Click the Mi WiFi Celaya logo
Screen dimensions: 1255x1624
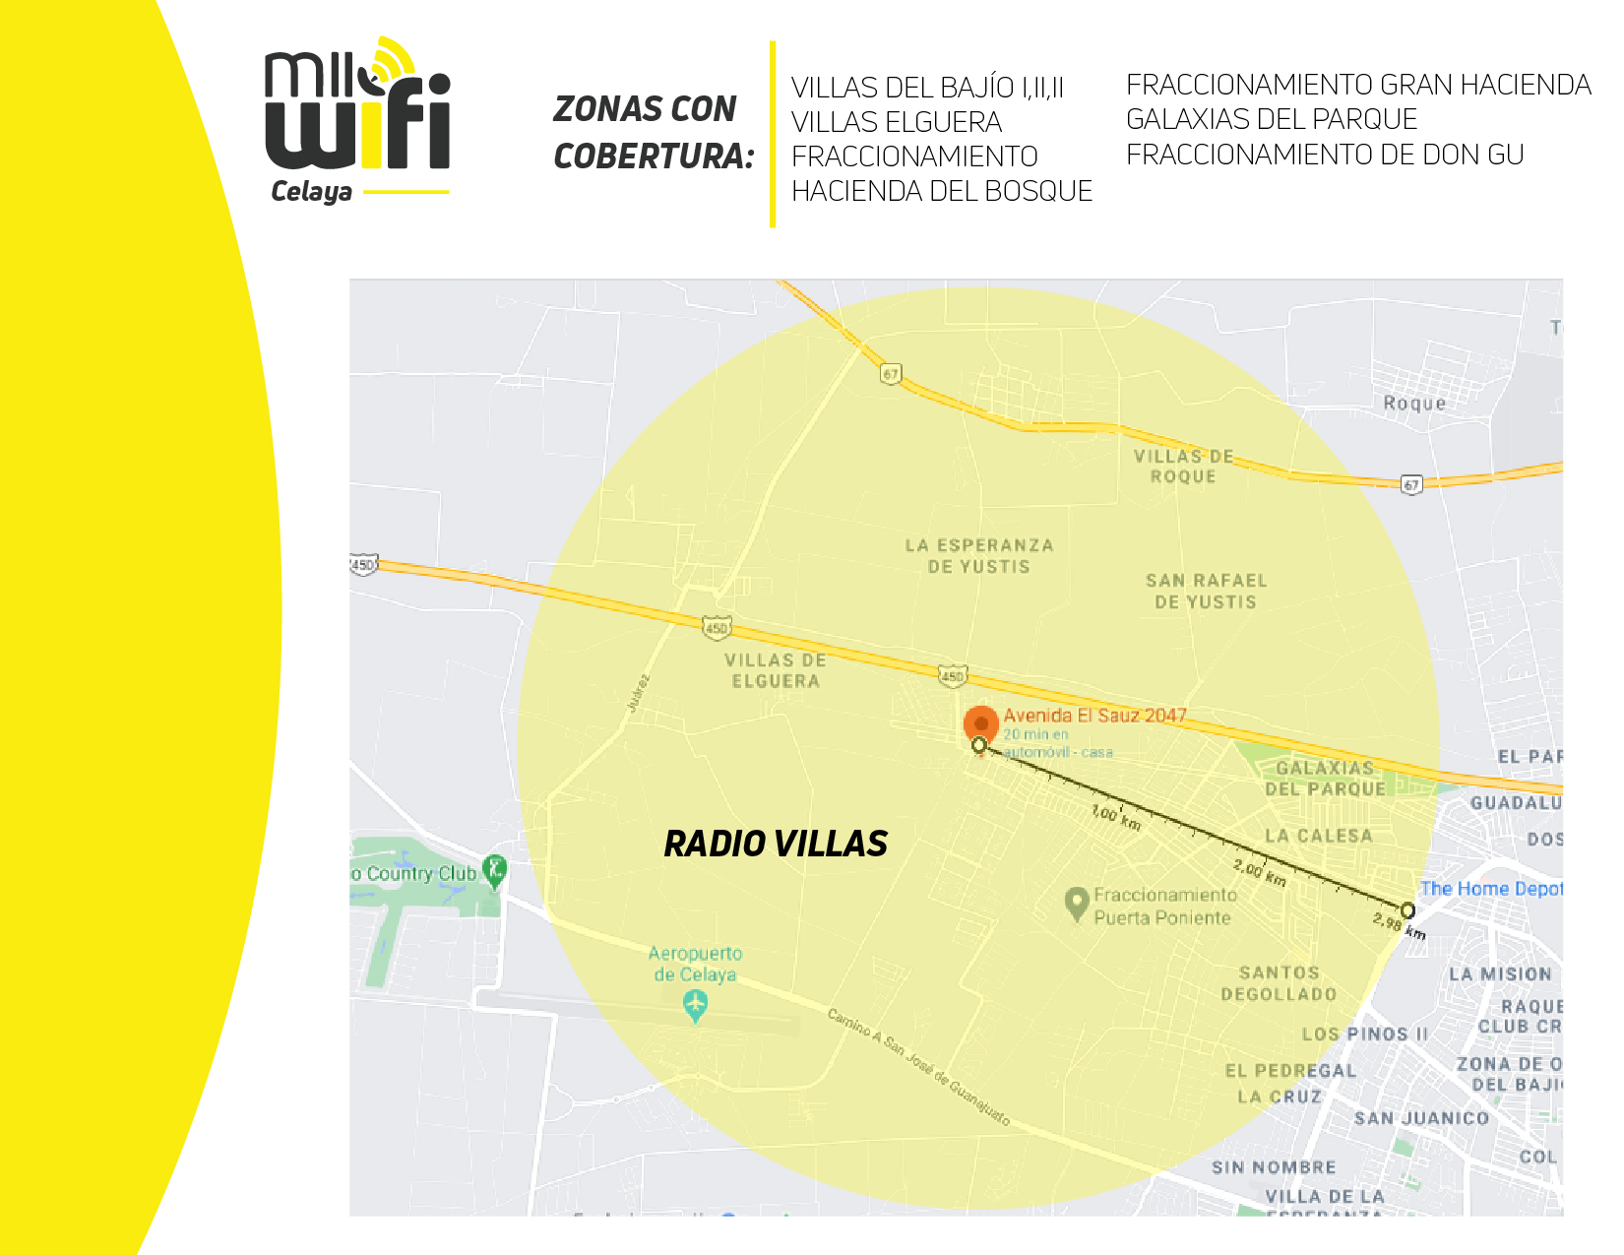coord(357,120)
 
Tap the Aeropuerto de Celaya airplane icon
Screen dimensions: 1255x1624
coord(695,1005)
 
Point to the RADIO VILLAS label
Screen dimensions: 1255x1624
coord(776,844)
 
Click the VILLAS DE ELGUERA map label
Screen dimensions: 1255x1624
coord(776,670)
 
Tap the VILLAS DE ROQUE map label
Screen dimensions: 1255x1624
coord(1183,467)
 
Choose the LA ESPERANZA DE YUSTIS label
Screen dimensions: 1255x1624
coord(979,556)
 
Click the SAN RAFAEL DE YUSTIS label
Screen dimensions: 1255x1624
coord(1206,592)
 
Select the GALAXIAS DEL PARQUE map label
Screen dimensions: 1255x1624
coord(1325,779)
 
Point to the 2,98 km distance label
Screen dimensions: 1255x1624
coord(1399,925)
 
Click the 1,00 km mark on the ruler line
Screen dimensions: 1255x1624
coord(1116,817)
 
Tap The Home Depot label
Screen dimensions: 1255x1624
coord(1490,889)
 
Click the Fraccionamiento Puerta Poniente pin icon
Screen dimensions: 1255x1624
coord(1077,901)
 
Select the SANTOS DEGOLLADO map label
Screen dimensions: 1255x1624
coord(1279,983)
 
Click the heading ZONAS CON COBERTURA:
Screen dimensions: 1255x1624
coord(653,132)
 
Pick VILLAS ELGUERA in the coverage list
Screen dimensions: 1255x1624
coord(896,122)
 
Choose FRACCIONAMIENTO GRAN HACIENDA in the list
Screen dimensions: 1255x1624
coord(1358,85)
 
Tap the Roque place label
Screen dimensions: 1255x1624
coord(1414,404)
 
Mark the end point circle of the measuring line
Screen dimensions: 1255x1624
coord(1407,910)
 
